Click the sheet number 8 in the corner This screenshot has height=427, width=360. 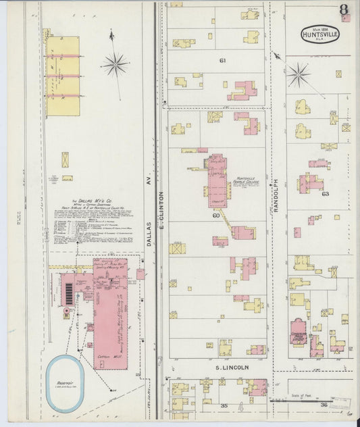point(344,11)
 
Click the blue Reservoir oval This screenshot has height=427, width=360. point(65,382)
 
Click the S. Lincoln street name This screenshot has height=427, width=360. point(232,368)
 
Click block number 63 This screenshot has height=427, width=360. point(325,194)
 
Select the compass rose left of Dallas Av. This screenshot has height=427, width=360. point(115,66)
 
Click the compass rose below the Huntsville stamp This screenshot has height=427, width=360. point(298,74)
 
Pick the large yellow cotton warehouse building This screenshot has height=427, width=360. point(62,66)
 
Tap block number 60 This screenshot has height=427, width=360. point(216,216)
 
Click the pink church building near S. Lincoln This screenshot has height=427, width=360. point(299,332)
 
